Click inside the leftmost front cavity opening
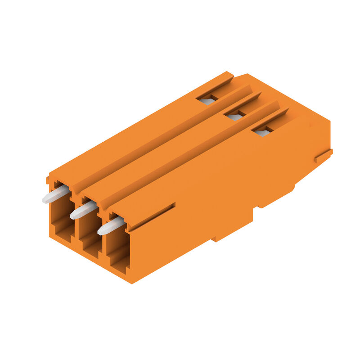(x=61, y=220)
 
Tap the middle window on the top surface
(x=234, y=116)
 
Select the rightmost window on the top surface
(x=262, y=131)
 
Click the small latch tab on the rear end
(x=324, y=156)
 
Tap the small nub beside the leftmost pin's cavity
(x=47, y=180)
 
